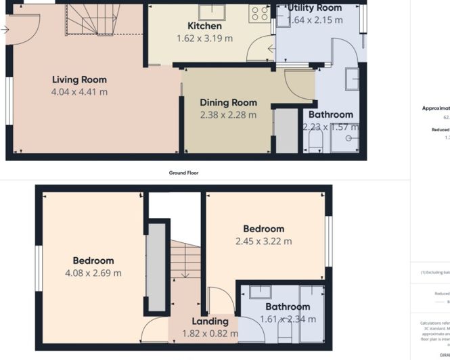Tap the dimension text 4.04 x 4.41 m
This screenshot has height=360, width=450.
tap(79, 92)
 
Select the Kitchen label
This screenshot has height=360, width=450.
tap(204, 26)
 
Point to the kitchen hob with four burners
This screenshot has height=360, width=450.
tap(258, 13)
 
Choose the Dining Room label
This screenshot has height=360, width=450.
tap(228, 103)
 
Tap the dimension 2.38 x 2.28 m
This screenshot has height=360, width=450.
tap(228, 115)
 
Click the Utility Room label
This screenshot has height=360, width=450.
tap(315, 7)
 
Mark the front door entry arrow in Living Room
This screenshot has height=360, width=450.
tap(5, 30)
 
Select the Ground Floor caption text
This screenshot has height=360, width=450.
tap(183, 173)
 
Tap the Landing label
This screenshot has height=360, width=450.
tap(210, 321)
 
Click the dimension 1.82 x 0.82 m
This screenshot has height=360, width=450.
tap(210, 333)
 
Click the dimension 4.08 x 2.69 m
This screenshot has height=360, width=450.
tap(93, 273)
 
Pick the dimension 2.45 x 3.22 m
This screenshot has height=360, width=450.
tap(263, 241)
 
